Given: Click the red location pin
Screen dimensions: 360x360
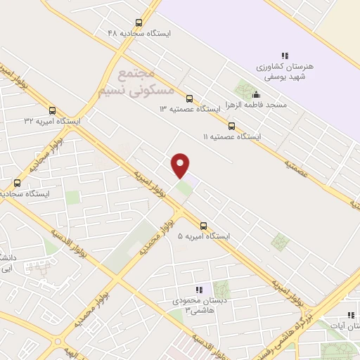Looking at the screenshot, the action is pyautogui.click(x=181, y=165).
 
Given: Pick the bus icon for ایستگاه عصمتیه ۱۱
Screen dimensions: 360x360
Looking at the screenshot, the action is pyautogui.click(x=231, y=126).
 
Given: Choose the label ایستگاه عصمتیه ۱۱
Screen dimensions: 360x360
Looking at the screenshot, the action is pyautogui.click(x=231, y=137).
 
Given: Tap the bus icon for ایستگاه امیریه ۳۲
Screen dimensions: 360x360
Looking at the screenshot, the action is pyautogui.click(x=52, y=110).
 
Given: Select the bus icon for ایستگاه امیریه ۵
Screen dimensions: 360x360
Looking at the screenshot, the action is pyautogui.click(x=203, y=226).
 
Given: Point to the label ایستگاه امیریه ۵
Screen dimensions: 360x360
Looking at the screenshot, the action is pyautogui.click(x=204, y=237).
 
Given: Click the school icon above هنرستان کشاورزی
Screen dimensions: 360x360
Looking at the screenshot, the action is pyautogui.click(x=285, y=56).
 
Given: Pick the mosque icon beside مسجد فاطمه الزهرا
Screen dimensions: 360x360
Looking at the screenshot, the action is pyautogui.click(x=255, y=95).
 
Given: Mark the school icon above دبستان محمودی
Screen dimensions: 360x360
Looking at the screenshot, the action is pyautogui.click(x=199, y=290).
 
